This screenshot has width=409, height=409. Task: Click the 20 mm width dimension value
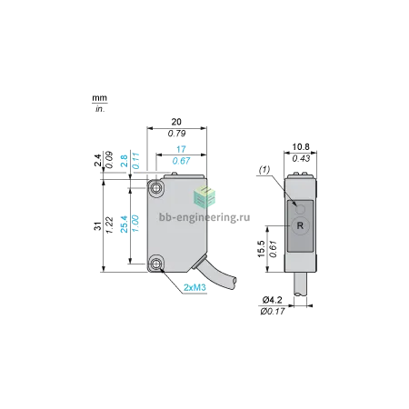tap(176, 122)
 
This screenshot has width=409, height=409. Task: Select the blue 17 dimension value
tap(181, 149)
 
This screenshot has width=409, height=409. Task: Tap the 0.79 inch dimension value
tap(176, 134)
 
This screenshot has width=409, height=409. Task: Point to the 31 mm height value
tap(98, 225)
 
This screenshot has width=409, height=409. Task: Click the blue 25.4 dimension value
tap(125, 224)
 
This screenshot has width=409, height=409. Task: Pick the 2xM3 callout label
tap(195, 287)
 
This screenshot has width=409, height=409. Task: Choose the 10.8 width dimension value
tap(301, 147)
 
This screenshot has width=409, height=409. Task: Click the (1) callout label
tap(264, 170)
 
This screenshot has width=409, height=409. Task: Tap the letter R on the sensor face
tap(300, 225)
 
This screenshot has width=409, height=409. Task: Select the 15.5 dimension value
tap(261, 249)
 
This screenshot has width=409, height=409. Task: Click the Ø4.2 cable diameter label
tap(273, 300)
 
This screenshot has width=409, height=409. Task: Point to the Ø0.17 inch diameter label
tap(273, 311)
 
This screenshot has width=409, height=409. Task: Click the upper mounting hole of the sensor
tap(156, 188)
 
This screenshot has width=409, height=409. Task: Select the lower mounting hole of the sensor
tap(156, 264)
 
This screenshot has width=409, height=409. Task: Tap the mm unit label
tap(100, 98)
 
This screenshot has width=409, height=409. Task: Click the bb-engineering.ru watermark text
tap(204, 217)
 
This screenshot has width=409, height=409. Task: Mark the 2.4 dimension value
tap(98, 160)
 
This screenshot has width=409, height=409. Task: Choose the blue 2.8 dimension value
tap(125, 161)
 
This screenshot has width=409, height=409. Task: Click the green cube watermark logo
tap(204, 197)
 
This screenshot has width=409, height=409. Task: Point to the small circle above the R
tap(300, 209)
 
